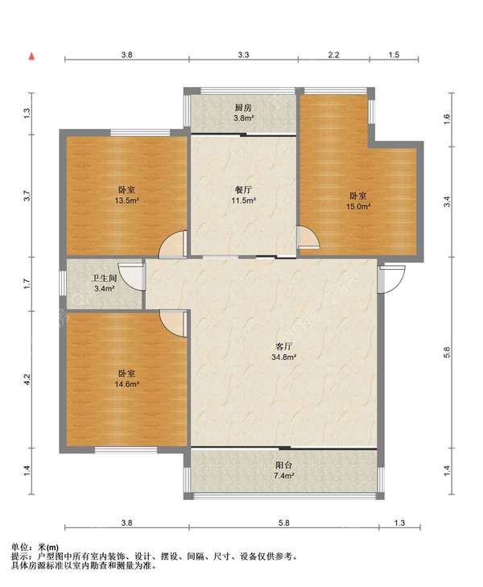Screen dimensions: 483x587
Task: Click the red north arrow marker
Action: [32, 56]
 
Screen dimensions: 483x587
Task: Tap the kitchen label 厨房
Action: [243, 108]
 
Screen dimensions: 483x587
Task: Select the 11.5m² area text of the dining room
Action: [244, 200]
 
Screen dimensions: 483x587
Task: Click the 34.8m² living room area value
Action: [284, 358]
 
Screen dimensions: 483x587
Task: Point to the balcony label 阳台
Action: [283, 465]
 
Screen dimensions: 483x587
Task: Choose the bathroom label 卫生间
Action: [105, 279]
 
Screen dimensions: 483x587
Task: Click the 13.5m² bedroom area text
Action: [127, 200]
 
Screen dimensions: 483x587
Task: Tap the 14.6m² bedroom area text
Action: [127, 384]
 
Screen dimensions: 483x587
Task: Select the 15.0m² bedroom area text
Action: [358, 206]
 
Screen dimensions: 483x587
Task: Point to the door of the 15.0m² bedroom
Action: [308, 238]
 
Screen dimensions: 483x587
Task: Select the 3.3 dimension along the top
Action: [243, 55]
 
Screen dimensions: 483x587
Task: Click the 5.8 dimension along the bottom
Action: [284, 523]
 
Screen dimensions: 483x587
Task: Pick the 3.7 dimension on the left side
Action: [27, 196]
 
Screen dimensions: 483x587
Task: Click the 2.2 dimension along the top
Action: [334, 55]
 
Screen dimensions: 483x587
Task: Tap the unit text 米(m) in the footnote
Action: [48, 548]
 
